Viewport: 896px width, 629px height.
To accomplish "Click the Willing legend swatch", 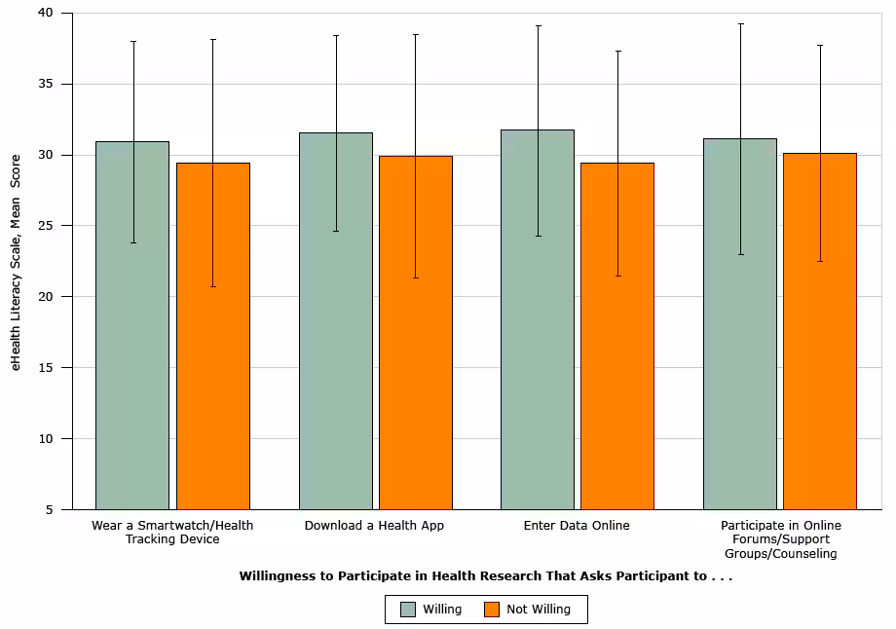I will [408, 610].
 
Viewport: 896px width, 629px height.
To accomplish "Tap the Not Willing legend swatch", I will [492, 610].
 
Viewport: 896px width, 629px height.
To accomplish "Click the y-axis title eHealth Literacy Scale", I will [16, 262].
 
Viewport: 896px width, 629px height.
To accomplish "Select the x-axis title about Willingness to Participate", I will [485, 575].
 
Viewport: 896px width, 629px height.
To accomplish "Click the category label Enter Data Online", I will [577, 526].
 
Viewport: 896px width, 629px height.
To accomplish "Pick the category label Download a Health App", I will [374, 526].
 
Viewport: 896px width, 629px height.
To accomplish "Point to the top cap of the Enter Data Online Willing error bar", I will [538, 25].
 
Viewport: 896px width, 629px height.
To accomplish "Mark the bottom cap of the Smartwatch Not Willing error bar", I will [212, 286].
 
